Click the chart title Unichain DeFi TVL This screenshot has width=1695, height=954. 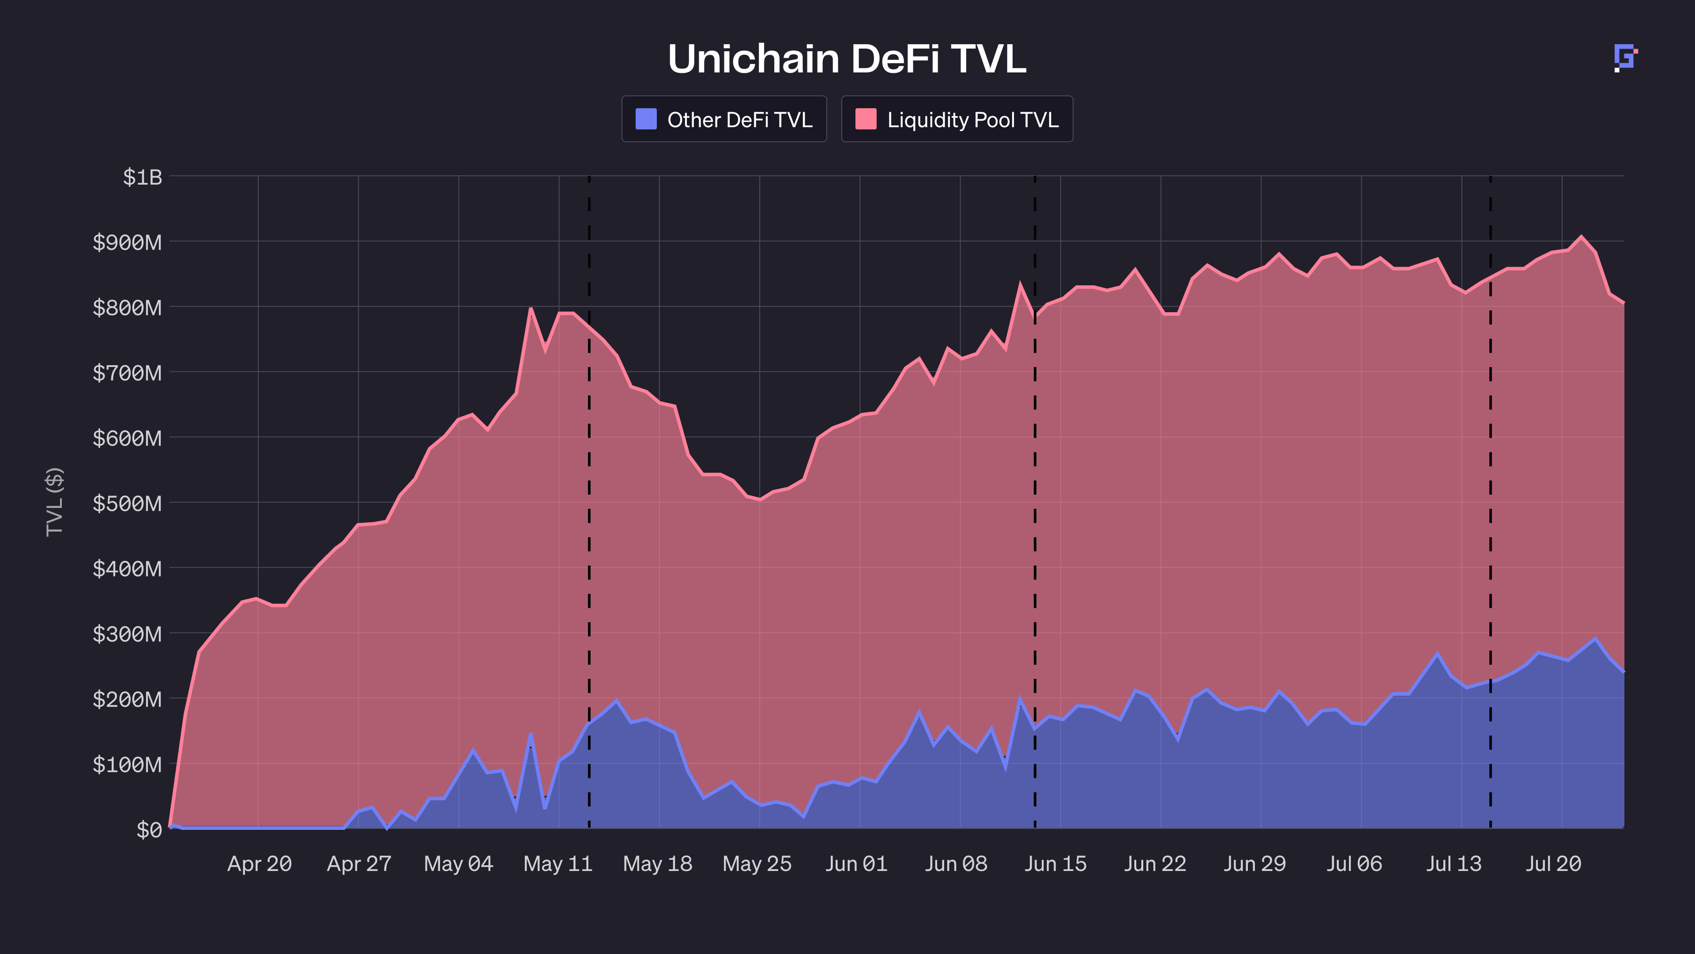pos(847,59)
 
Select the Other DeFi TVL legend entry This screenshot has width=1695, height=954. pos(724,119)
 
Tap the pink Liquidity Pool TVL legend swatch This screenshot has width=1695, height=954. pos(865,119)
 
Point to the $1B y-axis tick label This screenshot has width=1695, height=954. pos(142,177)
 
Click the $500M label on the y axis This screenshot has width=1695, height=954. pos(127,503)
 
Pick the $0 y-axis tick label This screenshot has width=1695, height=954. pos(149,829)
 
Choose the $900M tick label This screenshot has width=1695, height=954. pos(127,242)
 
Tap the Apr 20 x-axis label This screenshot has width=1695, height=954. pos(259,864)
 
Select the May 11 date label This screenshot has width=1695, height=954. pos(558,864)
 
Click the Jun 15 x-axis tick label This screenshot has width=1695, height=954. pos(1055,864)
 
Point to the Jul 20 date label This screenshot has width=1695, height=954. pos(1554,864)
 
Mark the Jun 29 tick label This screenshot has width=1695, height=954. pos(1255,864)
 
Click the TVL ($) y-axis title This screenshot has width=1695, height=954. pos(55,502)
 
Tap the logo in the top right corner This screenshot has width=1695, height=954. pos(1625,58)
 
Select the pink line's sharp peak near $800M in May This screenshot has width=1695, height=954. pos(530,308)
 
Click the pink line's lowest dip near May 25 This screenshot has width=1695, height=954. pos(760,500)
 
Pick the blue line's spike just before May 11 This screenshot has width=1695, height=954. pos(530,734)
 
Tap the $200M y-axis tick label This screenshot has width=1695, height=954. pos(127,699)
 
